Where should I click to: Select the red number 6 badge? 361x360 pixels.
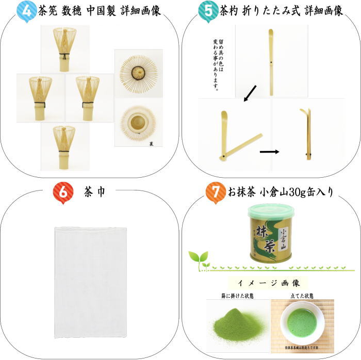(62, 192)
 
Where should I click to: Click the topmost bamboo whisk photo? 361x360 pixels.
(65, 49)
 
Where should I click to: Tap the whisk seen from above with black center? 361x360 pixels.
(138, 73)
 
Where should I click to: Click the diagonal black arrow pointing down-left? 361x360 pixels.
(250, 93)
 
